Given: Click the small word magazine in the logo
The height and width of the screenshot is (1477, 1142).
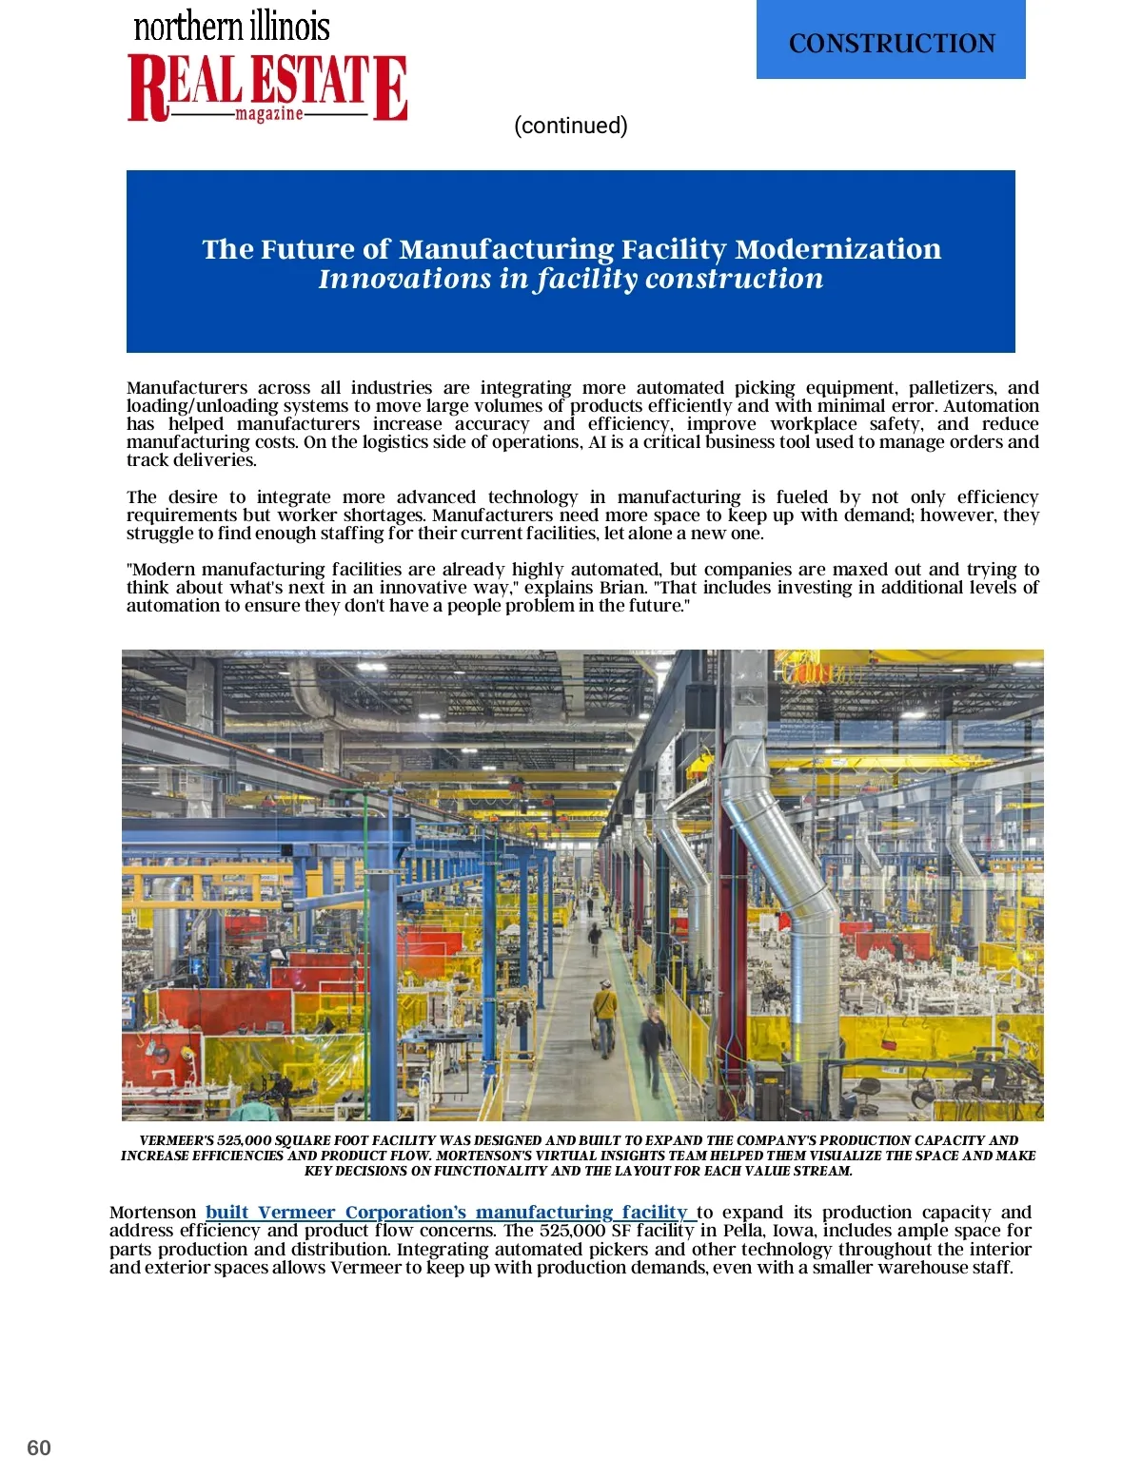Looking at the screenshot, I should point(269,114).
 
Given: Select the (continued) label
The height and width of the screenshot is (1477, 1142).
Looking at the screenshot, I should point(570,126).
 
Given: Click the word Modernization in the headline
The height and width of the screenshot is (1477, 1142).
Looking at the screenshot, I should point(837,249).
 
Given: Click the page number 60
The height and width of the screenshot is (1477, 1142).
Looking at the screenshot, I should point(39,1448).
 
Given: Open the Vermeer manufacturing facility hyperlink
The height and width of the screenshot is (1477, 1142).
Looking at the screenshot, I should point(446,1212).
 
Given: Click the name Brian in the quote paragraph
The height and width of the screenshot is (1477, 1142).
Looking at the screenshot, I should point(623,588).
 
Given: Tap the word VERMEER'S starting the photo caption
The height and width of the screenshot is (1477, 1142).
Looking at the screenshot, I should point(176,1140).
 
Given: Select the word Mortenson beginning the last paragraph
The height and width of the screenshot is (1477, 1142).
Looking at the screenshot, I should point(152,1213).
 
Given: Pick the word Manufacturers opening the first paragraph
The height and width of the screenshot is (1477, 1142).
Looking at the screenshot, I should point(187,388).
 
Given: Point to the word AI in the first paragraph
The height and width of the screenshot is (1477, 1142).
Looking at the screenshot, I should point(598,442).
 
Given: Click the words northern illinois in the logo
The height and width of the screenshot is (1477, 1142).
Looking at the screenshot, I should point(231,27).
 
